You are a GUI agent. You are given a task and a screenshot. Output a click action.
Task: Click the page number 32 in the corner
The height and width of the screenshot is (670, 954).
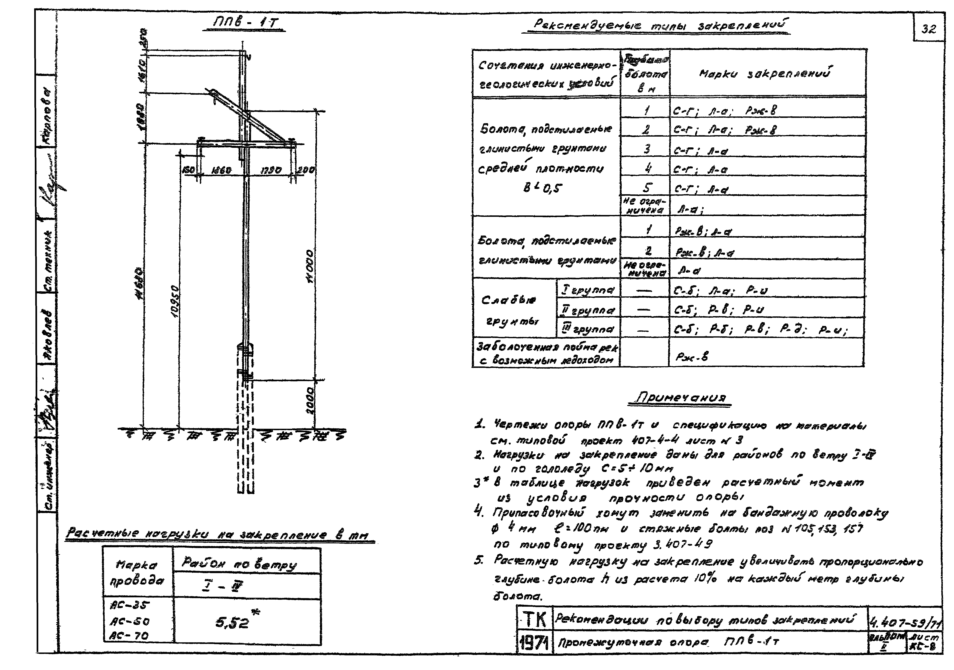pyautogui.click(x=929, y=29)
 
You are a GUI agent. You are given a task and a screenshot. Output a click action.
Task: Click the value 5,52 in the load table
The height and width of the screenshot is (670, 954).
pyautogui.click(x=233, y=622)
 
